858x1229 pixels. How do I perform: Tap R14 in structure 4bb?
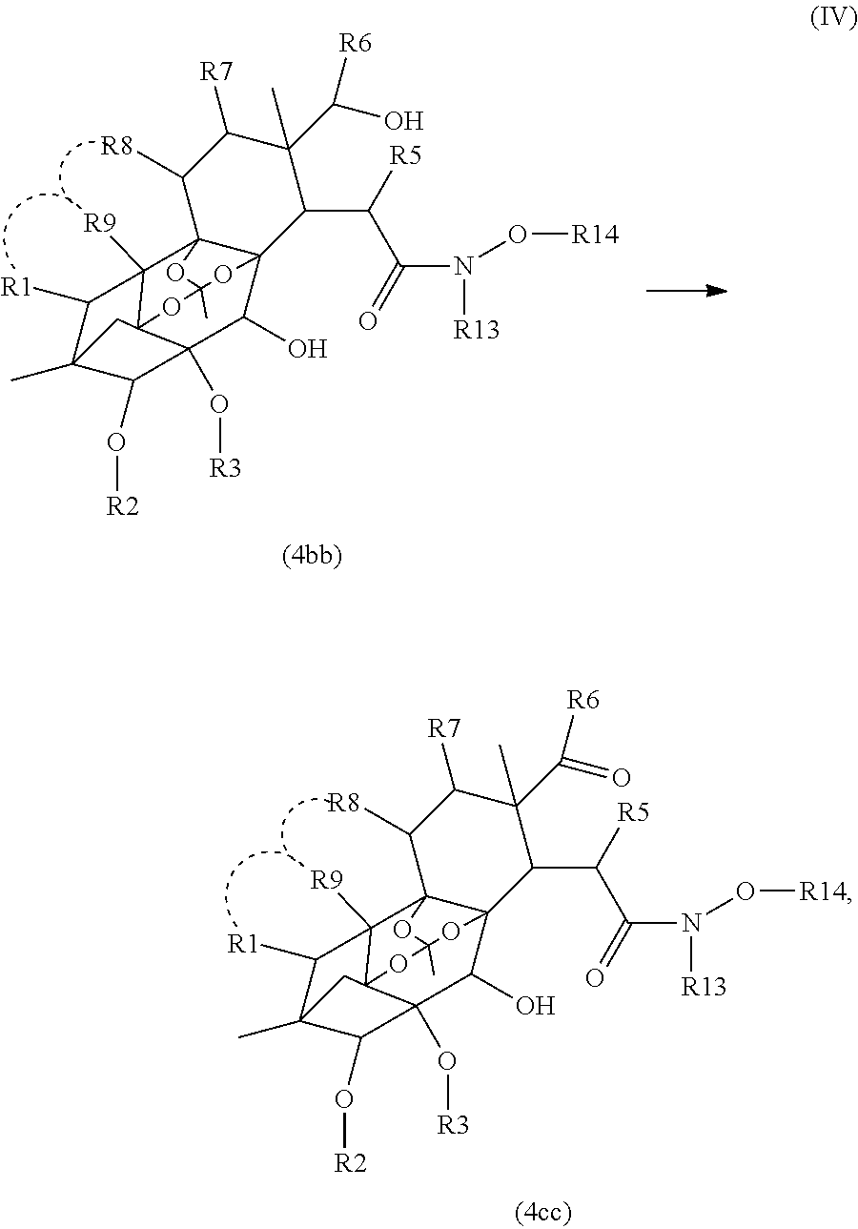pyautogui.click(x=595, y=235)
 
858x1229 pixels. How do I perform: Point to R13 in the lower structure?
pyautogui.click(x=704, y=986)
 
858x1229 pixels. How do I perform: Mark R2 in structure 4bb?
pyautogui.click(x=122, y=505)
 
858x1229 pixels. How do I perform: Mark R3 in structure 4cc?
pyautogui.click(x=453, y=1125)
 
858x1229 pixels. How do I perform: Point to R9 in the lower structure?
pyautogui.click(x=328, y=879)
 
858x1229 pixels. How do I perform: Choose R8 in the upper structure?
pyautogui.click(x=119, y=147)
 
